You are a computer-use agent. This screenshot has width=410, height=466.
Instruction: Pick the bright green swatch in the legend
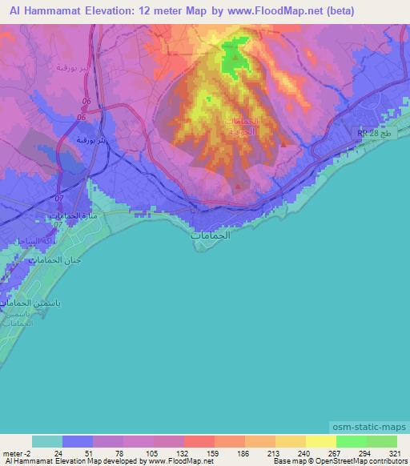(x=351, y=441)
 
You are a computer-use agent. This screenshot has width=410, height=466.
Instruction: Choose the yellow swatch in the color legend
(x=320, y=441)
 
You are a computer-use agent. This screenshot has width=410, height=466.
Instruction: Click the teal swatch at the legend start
(x=47, y=441)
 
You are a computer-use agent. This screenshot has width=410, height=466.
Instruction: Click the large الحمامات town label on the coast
(x=210, y=237)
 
